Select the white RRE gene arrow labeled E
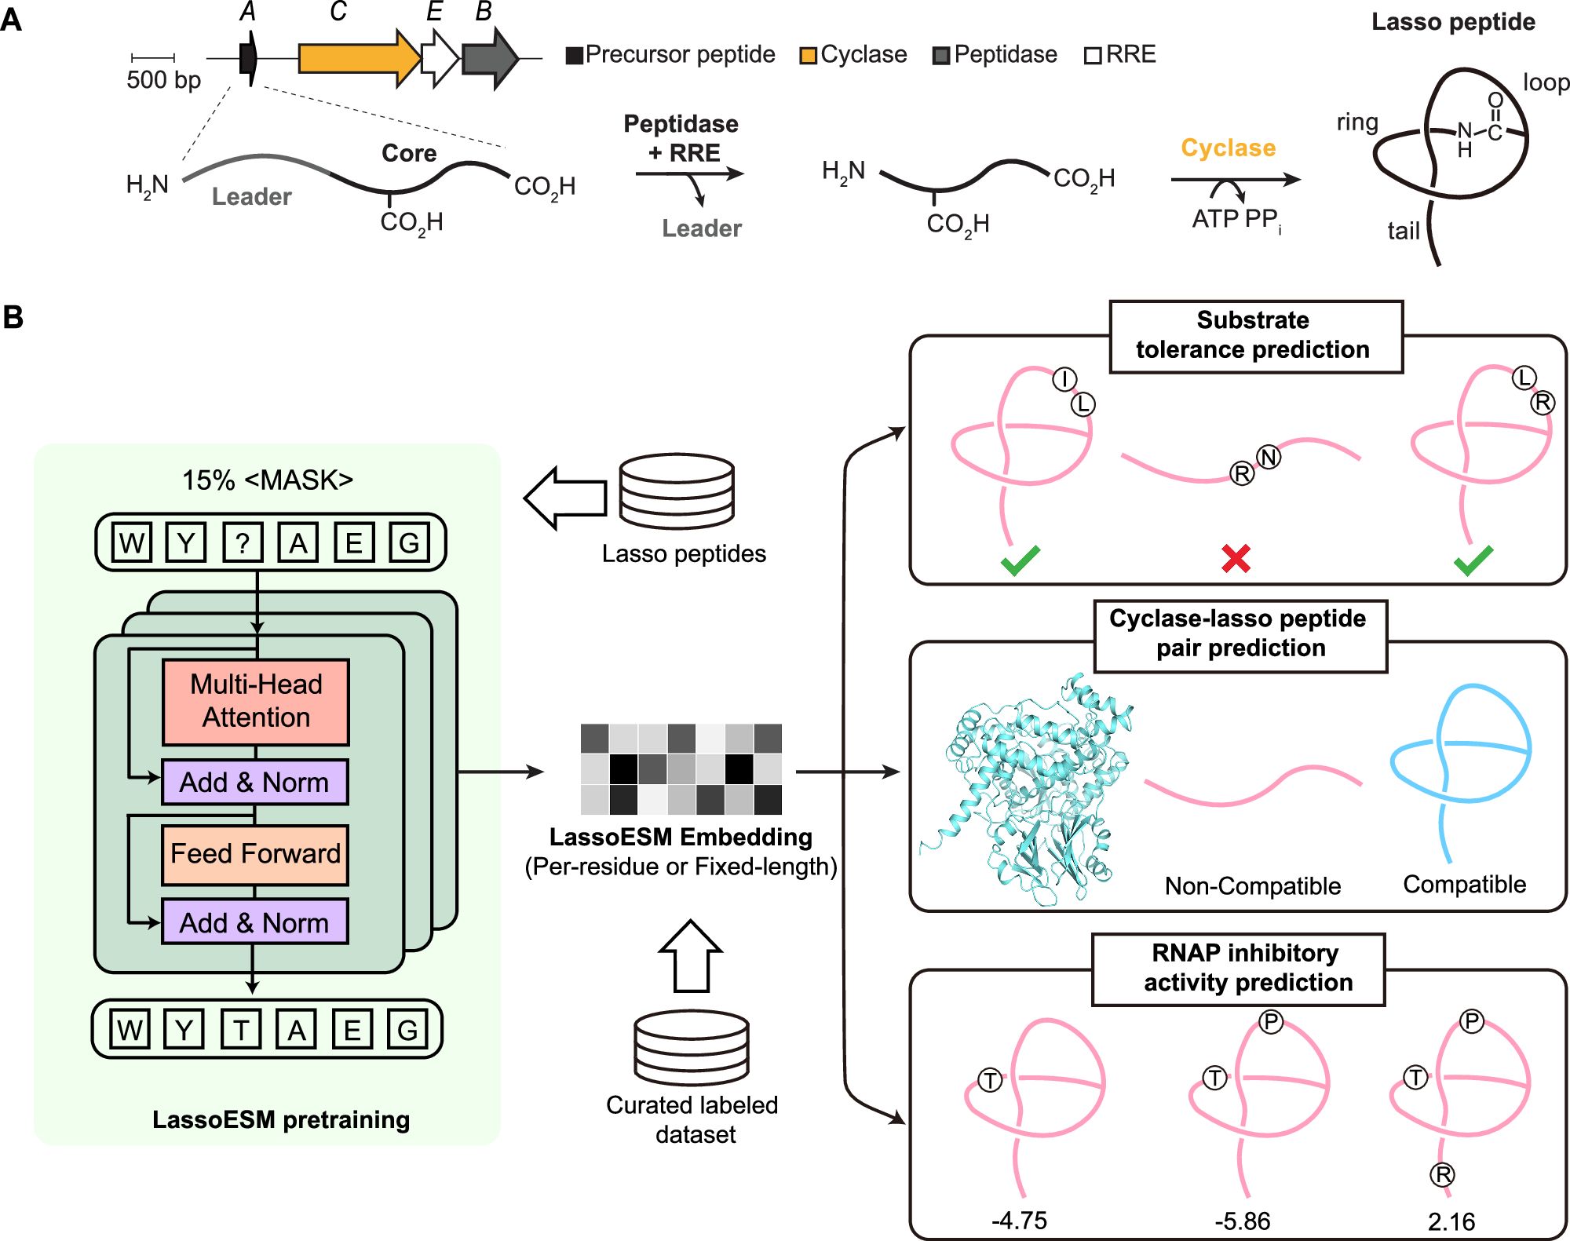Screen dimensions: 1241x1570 [438, 58]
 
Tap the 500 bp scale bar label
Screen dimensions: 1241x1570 [163, 80]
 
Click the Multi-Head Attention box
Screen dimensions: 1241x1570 [255, 701]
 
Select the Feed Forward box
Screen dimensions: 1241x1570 [255, 854]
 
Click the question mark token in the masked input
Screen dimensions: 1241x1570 [243, 542]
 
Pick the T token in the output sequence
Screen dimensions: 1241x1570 [241, 1030]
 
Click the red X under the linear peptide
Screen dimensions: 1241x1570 [1236, 559]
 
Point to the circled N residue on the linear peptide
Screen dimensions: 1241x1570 [1269, 457]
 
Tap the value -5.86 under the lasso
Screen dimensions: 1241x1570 [1242, 1221]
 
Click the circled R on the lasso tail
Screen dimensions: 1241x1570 [1442, 1175]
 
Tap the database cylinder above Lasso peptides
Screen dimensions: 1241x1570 [676, 491]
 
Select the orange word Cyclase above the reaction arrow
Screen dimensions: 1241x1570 [1228, 148]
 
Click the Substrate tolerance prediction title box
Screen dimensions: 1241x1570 [1255, 336]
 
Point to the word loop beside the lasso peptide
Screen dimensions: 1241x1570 [1545, 82]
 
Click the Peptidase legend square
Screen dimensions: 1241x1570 [941, 56]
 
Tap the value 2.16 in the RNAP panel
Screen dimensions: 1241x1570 [1451, 1221]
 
